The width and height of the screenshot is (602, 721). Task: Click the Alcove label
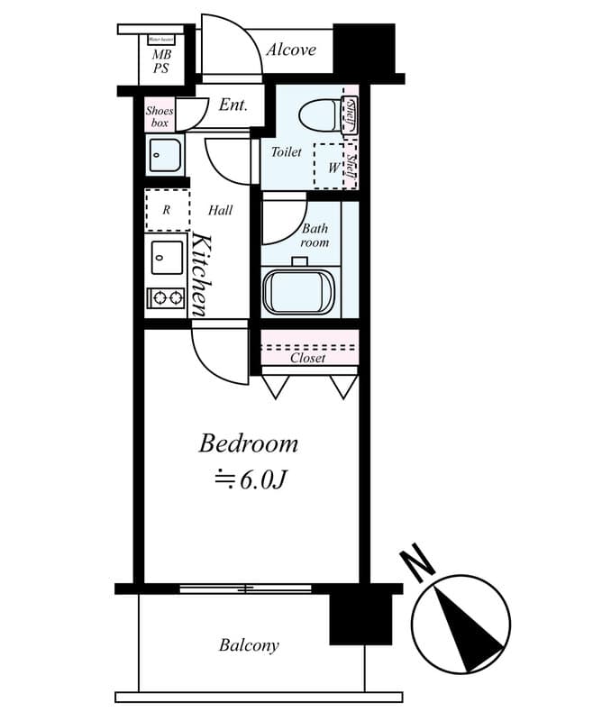pos(290,50)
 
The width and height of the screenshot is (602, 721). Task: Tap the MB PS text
pos(160,61)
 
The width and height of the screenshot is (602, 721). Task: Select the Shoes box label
pos(160,116)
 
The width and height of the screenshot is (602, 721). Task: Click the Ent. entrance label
pos(233,105)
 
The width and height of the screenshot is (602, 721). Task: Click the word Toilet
pos(287,152)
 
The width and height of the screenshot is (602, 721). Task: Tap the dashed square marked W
pos(333,166)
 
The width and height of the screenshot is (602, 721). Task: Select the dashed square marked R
pos(167,210)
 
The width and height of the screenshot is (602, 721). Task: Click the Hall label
pos(221,210)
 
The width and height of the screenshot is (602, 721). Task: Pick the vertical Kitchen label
pos(202,274)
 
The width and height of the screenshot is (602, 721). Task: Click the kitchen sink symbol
pos(167,258)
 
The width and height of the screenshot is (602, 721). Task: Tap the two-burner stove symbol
pos(167,297)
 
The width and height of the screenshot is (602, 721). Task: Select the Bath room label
pos(315,236)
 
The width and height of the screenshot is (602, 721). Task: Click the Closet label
pos(308,358)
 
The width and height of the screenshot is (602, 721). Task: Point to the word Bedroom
pos(249,443)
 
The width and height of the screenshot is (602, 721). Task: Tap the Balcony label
pos(249,645)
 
